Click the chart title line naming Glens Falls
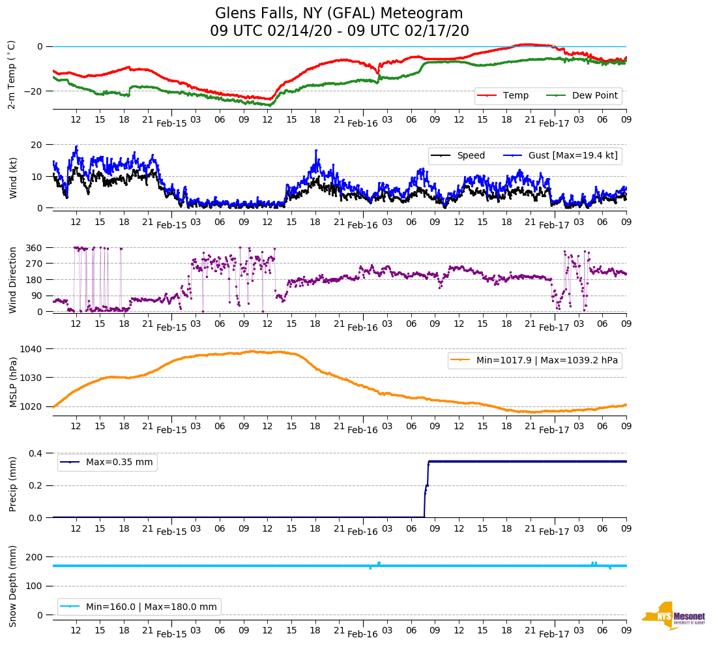339,14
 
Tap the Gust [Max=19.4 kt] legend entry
573,155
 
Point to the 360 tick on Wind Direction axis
35,248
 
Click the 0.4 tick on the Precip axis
36,453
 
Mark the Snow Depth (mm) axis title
13,586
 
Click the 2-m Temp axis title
11,74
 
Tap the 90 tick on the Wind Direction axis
37,296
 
